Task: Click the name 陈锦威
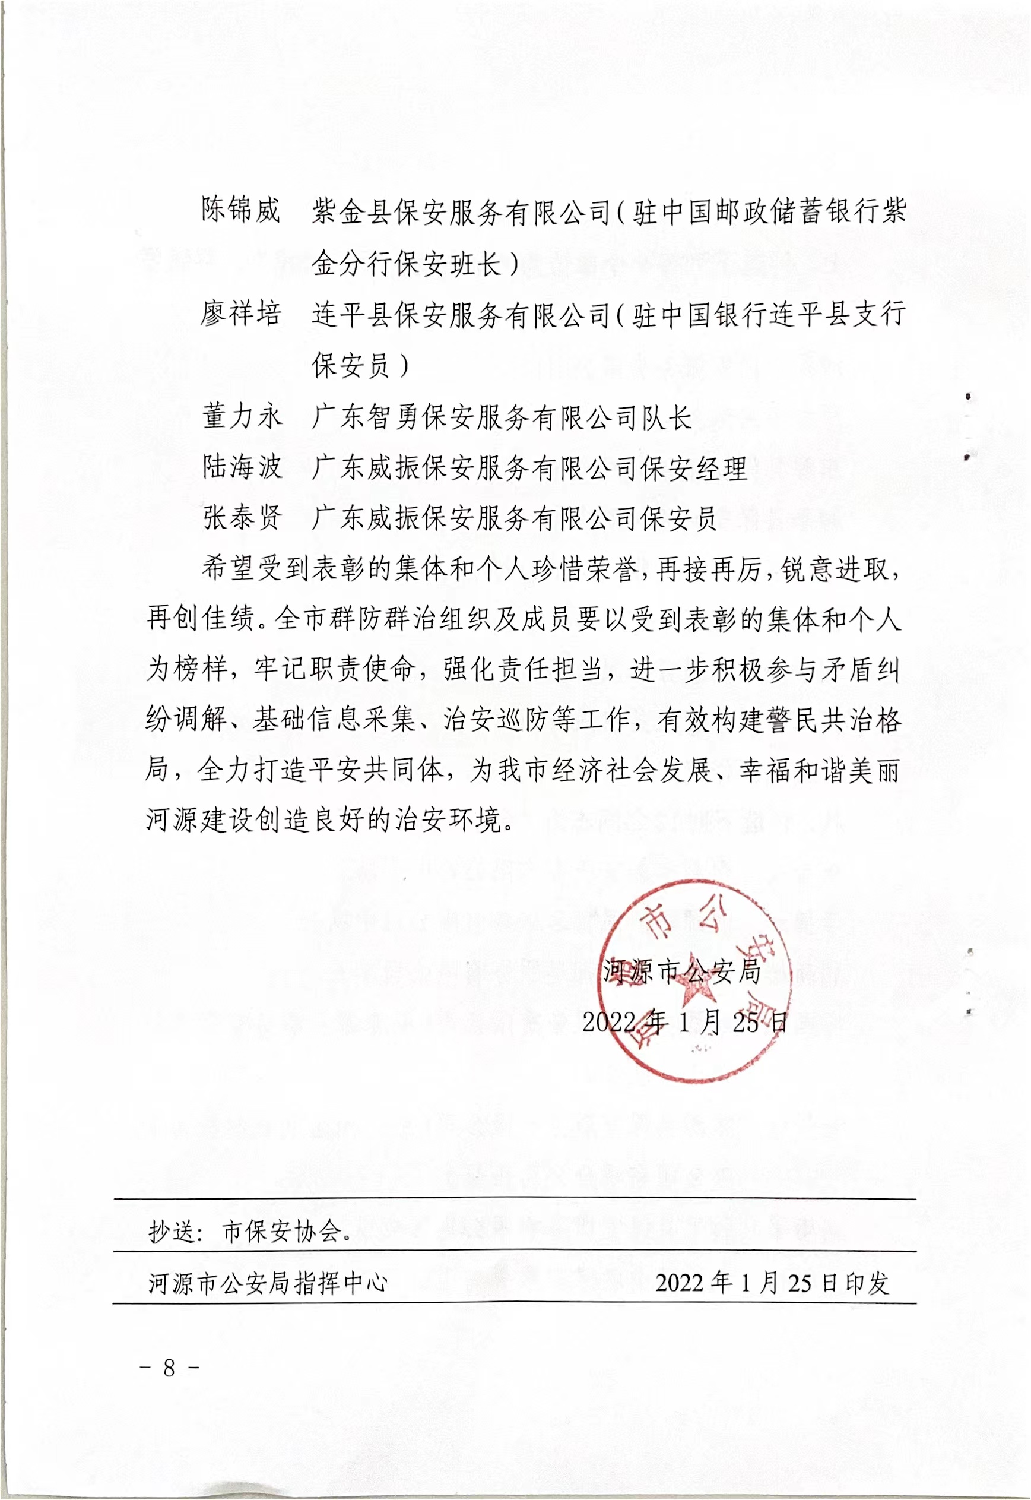tap(240, 210)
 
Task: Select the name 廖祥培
tap(240, 314)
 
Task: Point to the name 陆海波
tap(242, 467)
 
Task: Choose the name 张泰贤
tap(242, 517)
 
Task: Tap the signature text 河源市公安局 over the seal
tap(682, 971)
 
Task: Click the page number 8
tap(169, 1368)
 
